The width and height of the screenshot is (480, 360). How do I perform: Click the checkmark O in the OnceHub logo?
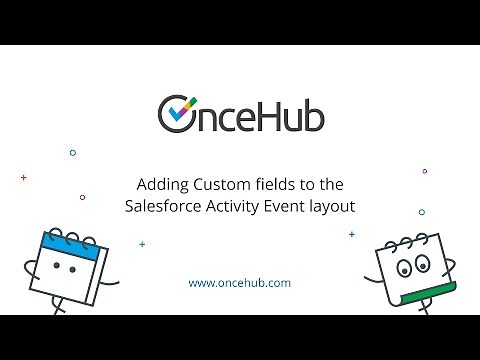click(x=178, y=113)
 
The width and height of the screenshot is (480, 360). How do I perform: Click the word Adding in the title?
click(x=160, y=184)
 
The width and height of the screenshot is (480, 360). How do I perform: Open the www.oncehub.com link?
click(x=240, y=283)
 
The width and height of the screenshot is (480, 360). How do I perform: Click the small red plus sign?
click(x=23, y=177)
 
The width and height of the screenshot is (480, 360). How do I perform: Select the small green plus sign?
click(x=142, y=244)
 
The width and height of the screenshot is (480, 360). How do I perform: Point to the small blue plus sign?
click(x=351, y=234)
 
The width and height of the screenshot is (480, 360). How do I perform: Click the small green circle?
click(x=421, y=212)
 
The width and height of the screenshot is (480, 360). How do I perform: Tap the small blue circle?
click(x=72, y=153)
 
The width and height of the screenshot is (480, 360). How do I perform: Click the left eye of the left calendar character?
click(x=57, y=267)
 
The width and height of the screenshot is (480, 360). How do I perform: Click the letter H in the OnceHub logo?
click(x=266, y=114)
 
